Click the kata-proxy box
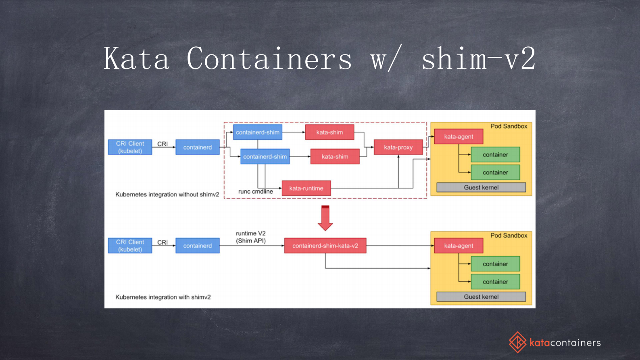[398, 147]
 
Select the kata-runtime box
[306, 188]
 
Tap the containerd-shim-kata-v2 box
[325, 246]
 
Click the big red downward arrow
[325, 218]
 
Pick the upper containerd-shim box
[257, 132]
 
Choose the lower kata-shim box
[335, 156]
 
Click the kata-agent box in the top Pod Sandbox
[459, 137]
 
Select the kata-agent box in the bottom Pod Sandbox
[459, 246]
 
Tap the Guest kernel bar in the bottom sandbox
[481, 297]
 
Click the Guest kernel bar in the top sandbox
[481, 187]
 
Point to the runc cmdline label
[255, 191]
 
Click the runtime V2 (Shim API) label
[250, 237]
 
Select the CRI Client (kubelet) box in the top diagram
[130, 147]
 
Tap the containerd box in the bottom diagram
[197, 246]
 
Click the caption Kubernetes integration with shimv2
[163, 297]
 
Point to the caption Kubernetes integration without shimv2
[167, 194]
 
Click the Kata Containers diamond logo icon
[517, 342]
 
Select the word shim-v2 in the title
[478, 59]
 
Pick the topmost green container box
[495, 155]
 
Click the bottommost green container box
[495, 282]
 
